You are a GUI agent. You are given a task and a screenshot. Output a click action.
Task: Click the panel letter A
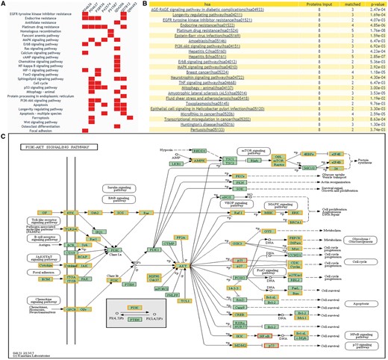click(4, 4)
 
